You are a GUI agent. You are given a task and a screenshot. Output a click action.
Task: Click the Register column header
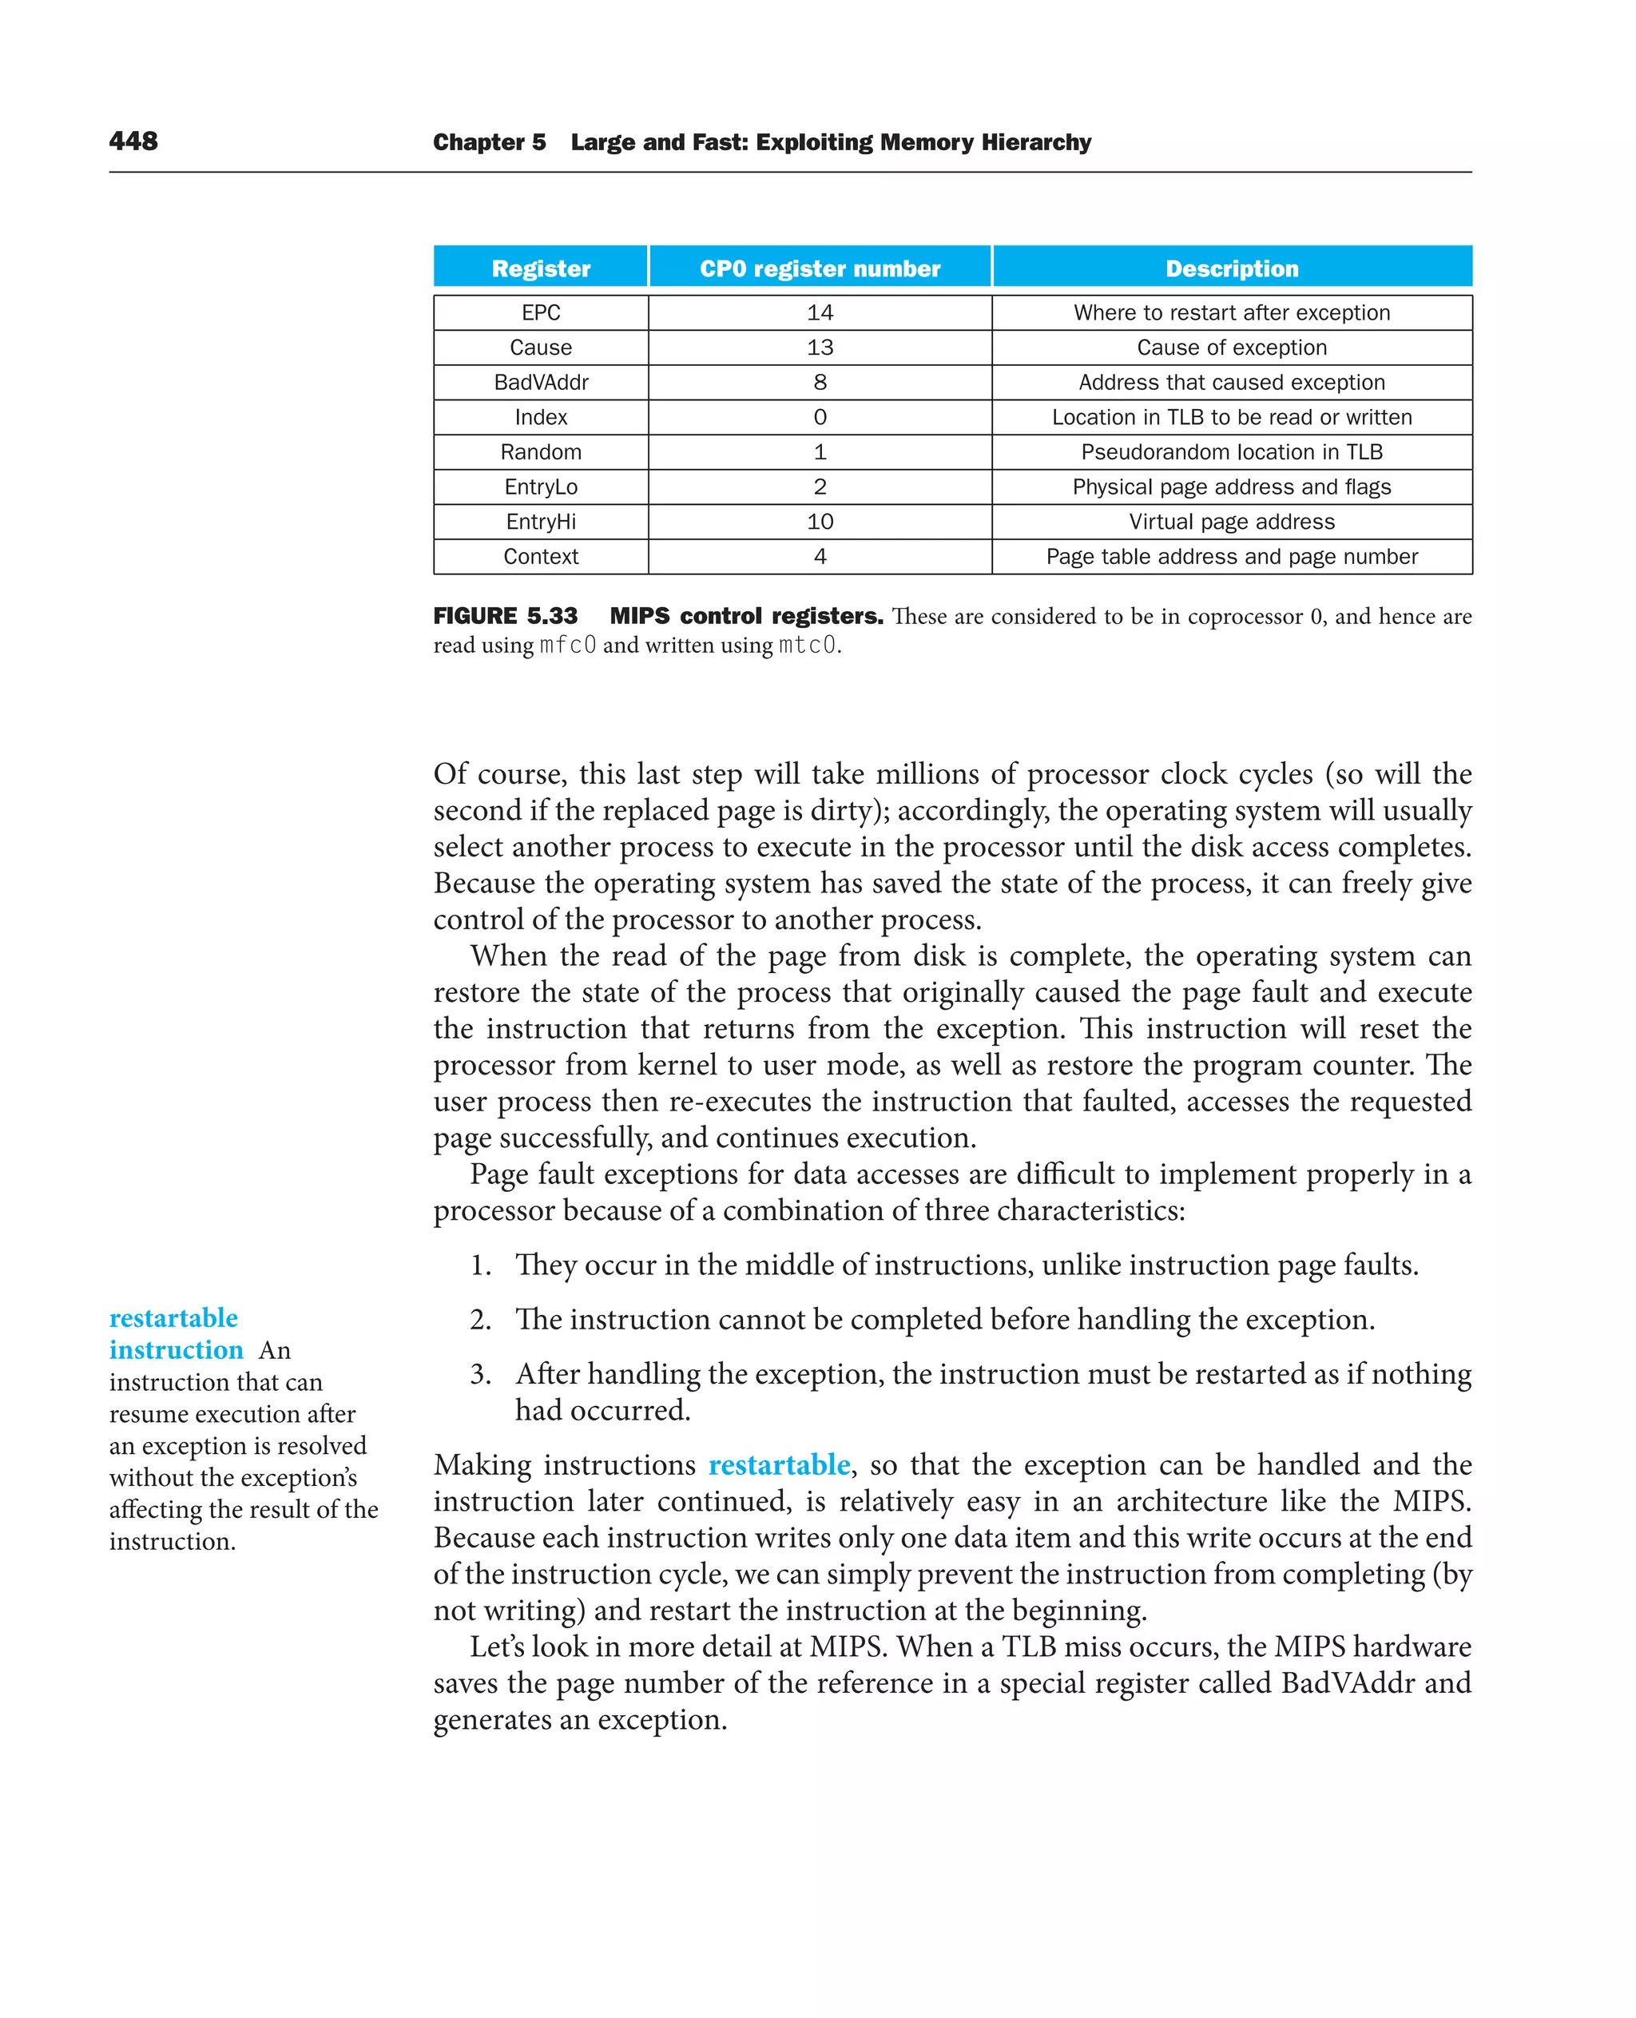click(540, 268)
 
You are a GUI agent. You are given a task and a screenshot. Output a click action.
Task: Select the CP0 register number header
click(819, 268)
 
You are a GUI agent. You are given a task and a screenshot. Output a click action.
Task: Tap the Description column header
click(1231, 268)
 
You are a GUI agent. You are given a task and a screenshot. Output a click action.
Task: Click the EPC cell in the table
click(540, 313)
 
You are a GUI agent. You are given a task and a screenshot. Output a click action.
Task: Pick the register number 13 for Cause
click(819, 348)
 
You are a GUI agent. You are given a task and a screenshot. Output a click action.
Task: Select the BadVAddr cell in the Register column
click(540, 383)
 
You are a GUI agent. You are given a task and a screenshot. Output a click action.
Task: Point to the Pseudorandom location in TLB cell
click(1231, 452)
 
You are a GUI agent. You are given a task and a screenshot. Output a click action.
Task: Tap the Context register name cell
click(540, 557)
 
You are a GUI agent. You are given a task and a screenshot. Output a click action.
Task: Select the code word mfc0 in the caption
click(567, 646)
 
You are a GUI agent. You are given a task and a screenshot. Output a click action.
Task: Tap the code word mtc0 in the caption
click(807, 646)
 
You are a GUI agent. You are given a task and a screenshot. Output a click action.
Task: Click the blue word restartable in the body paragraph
click(778, 1464)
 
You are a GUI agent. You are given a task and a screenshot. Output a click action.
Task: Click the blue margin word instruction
click(177, 1350)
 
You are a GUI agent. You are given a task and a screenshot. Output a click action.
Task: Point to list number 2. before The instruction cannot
click(481, 1320)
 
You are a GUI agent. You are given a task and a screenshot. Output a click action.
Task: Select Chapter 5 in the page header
click(489, 142)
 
